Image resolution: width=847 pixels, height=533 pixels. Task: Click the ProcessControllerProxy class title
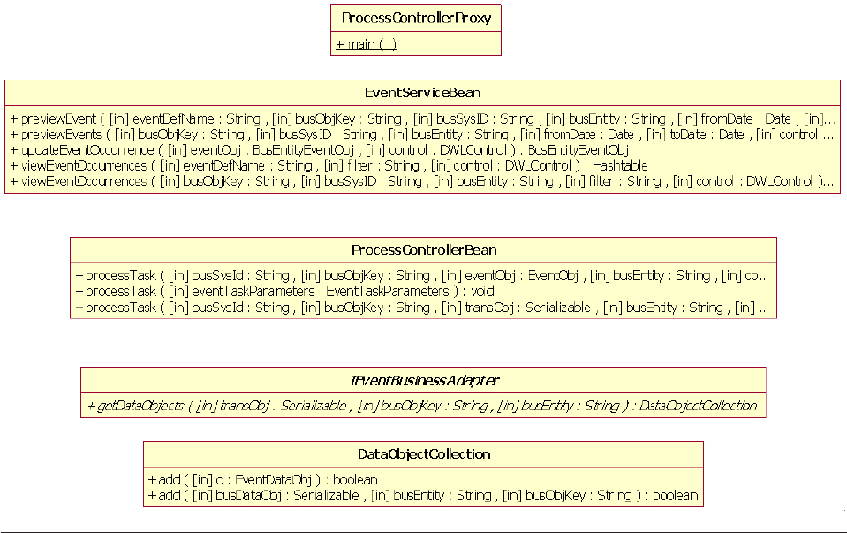416,18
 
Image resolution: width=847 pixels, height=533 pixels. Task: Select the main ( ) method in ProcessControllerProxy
366,44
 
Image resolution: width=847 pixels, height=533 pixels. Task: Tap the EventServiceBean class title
422,93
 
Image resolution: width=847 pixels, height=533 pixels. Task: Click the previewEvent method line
422,118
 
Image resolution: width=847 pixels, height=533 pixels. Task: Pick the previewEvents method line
422,134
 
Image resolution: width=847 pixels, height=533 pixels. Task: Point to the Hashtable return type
620,165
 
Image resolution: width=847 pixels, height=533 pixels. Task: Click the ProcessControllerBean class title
423,250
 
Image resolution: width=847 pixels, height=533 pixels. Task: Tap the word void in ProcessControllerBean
483,291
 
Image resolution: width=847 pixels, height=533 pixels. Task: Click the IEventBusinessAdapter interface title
423,381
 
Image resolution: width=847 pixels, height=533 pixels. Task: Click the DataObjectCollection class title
423,454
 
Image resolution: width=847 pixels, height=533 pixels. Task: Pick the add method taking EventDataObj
262,479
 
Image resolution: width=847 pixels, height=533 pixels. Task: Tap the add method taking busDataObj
423,495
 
